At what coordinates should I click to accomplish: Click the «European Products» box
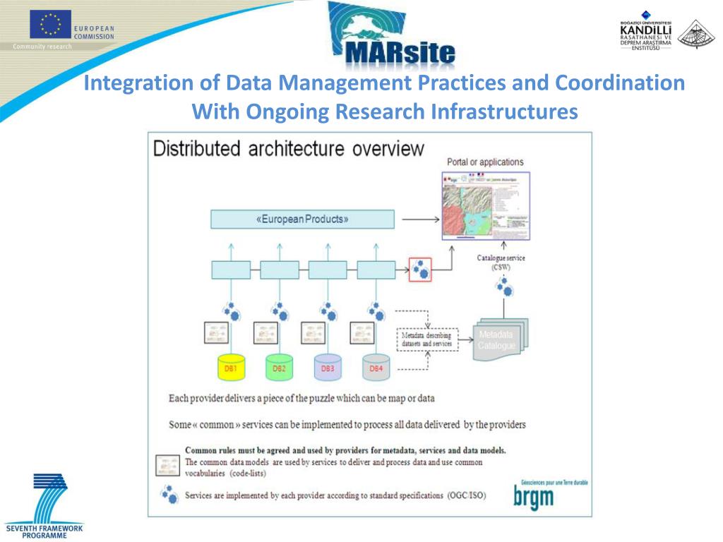(x=302, y=219)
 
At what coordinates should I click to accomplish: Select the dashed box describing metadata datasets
(x=427, y=339)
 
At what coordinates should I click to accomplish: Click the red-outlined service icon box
(x=420, y=269)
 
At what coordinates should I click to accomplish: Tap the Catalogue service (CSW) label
(x=501, y=263)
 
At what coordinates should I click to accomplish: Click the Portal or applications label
(x=486, y=162)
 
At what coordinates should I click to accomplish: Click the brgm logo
(x=534, y=497)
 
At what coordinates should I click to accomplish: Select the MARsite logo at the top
(x=392, y=35)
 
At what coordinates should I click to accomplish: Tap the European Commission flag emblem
(x=50, y=25)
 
